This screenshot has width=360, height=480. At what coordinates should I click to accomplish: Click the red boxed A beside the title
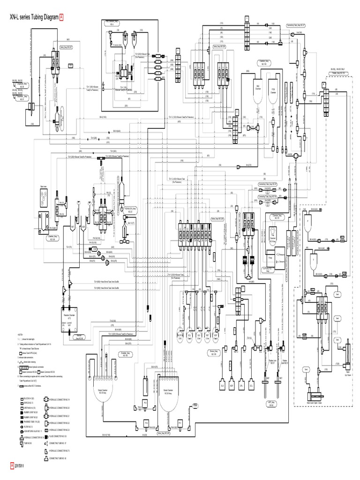click(x=61, y=17)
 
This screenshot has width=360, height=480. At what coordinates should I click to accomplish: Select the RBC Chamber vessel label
click(x=257, y=88)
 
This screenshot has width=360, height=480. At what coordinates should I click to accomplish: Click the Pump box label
click(x=270, y=258)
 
